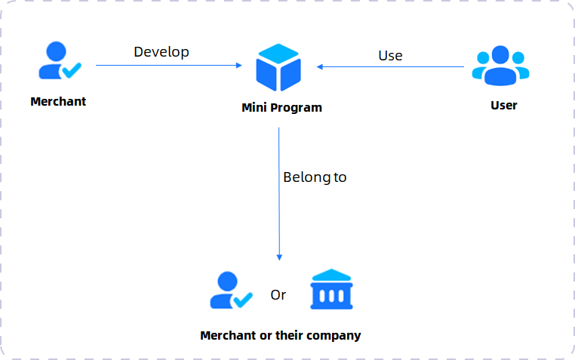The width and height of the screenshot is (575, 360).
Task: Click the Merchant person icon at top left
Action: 60,60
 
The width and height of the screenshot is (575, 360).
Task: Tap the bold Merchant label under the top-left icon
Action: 58,102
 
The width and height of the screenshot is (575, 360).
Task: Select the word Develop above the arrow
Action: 161,52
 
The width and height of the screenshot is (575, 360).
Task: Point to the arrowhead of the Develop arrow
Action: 239,65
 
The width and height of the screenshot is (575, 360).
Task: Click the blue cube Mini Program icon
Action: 278,67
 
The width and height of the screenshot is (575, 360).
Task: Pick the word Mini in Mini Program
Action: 254,108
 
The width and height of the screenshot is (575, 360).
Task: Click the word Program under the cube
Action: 297,108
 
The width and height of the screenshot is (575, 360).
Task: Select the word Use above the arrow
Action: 390,56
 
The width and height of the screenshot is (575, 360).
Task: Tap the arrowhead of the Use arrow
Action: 320,66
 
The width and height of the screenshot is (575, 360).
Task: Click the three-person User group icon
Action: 500,66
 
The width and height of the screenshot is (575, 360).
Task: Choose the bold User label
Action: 504,106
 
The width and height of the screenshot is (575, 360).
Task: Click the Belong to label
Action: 315,177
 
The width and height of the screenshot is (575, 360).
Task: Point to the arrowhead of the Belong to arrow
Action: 279,257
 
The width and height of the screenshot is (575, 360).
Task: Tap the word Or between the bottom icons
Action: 278,295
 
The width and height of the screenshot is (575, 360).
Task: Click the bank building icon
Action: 331,289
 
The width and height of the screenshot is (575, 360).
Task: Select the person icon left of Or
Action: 231,290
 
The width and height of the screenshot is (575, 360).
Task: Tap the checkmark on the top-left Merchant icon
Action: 72,70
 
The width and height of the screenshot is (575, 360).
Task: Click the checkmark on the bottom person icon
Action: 243,300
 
